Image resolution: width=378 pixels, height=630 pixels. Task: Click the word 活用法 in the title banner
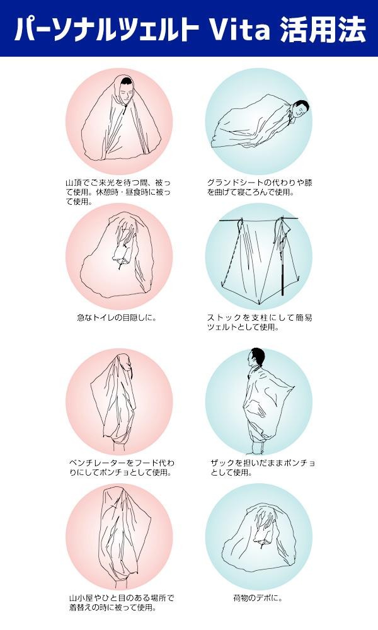pyautogui.click(x=323, y=29)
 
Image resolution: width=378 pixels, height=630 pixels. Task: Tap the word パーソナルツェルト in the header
pyautogui.click(x=107, y=29)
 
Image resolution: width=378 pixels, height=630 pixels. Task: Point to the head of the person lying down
pyautogui.click(x=301, y=108)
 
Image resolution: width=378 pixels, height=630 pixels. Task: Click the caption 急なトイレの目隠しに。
pyautogui.click(x=117, y=318)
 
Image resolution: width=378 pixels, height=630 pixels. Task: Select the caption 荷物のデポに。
pyautogui.click(x=258, y=598)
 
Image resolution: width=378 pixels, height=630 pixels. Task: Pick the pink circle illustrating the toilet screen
pyautogui.click(x=119, y=257)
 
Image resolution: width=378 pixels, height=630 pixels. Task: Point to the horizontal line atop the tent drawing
pyautogui.click(x=259, y=219)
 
